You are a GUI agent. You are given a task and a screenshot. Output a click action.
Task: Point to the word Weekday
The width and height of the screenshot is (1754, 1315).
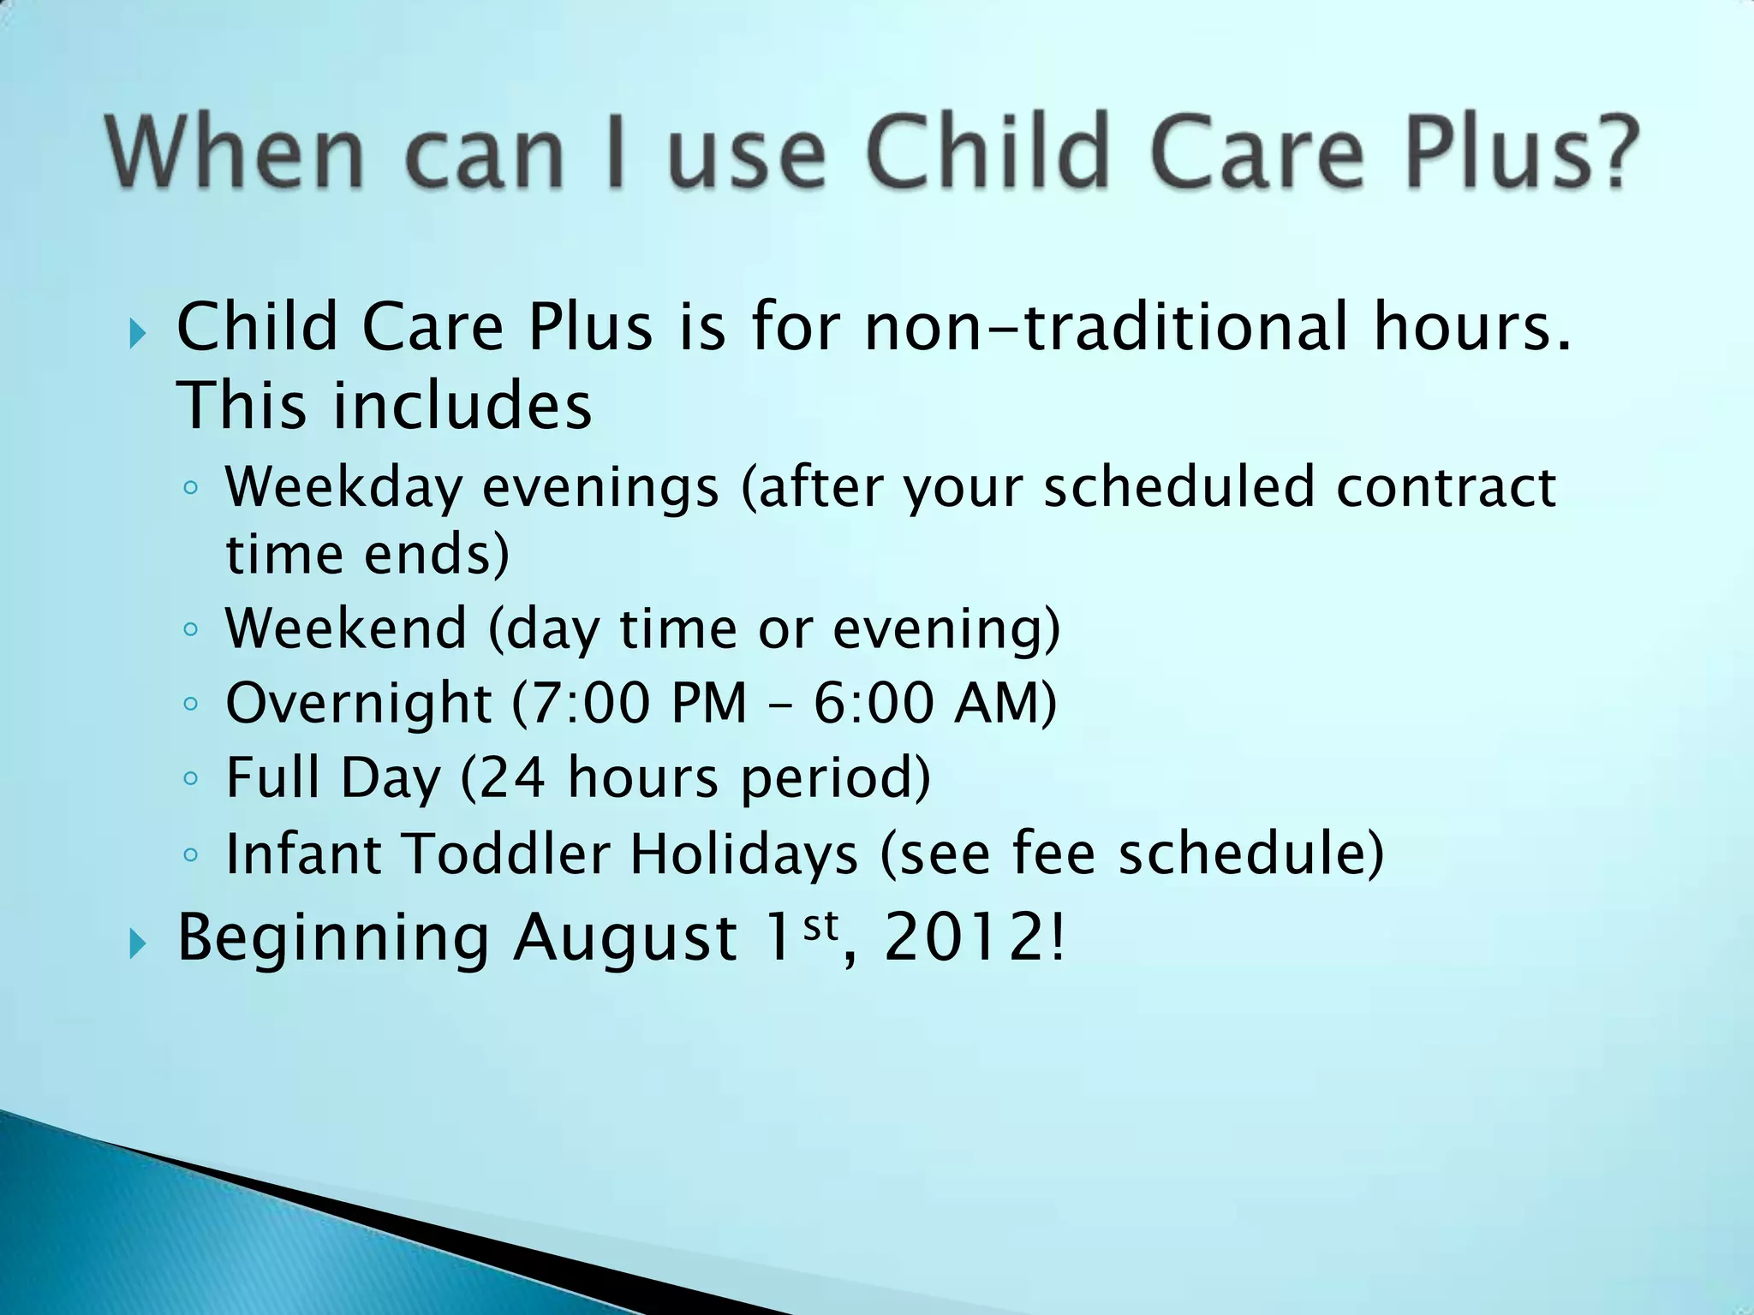343,488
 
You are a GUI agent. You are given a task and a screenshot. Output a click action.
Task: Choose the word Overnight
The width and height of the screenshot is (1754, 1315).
359,703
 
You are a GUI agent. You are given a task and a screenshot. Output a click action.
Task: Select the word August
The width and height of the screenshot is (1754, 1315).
625,937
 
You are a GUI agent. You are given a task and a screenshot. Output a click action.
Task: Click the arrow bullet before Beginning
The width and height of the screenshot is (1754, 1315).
138,945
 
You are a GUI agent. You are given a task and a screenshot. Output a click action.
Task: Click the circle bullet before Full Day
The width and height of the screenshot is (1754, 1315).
191,779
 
